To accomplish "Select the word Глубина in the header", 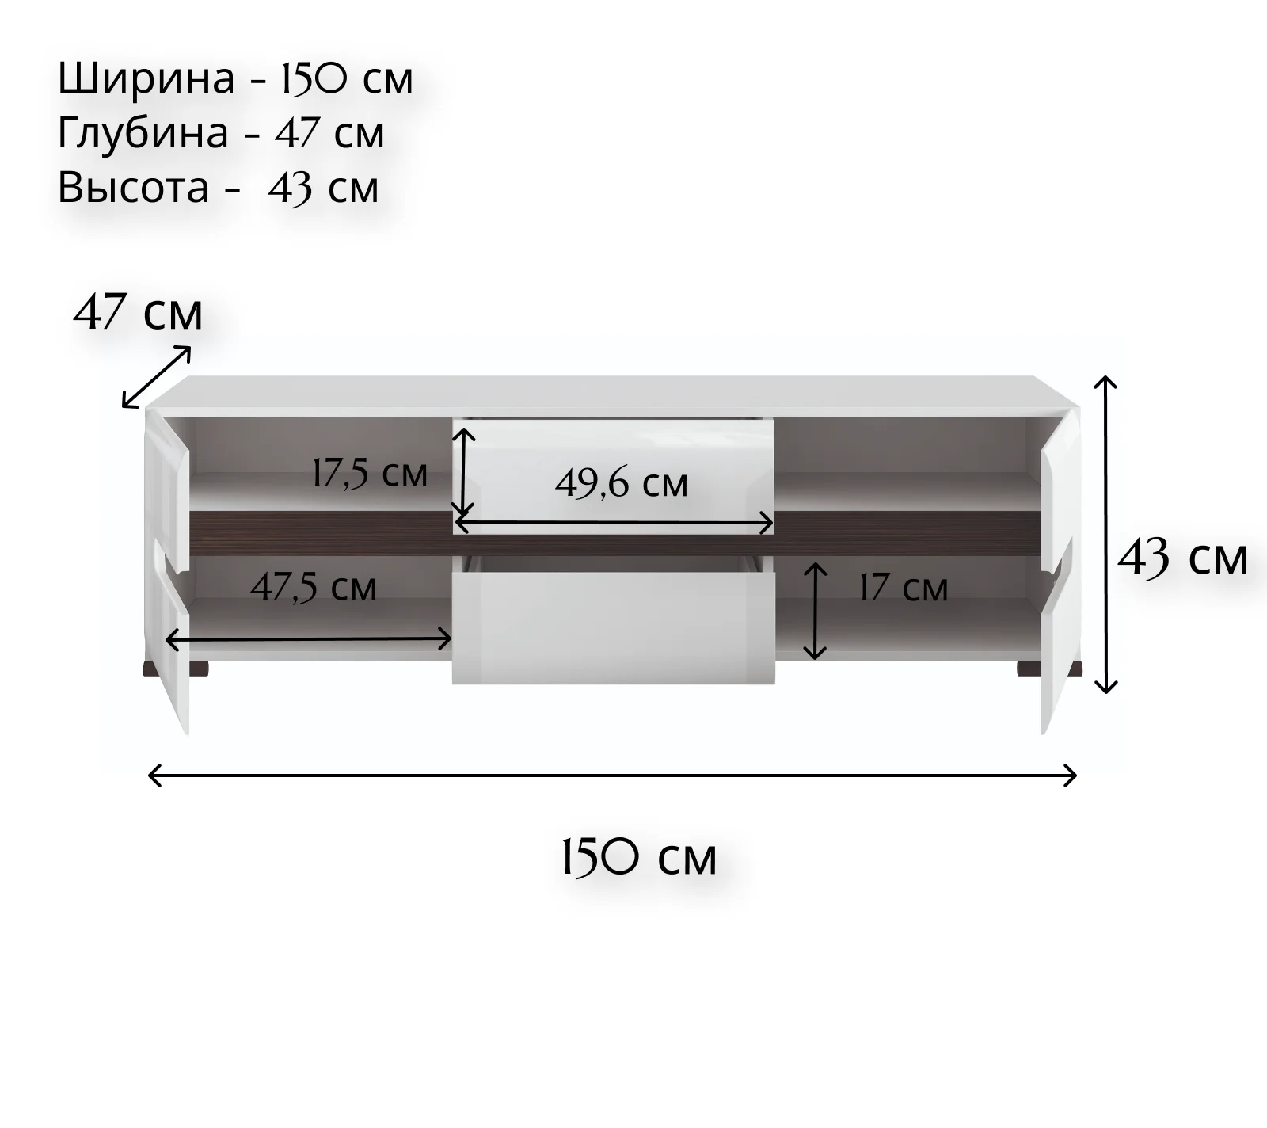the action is (x=143, y=132).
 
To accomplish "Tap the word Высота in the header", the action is (x=134, y=187).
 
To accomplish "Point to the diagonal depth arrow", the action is (x=157, y=377).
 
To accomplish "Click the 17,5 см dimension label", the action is (x=370, y=474).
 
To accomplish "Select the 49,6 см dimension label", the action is (x=622, y=482).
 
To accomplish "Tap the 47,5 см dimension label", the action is (x=314, y=587).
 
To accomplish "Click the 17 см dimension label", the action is (x=904, y=588).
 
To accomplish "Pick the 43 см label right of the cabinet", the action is (x=1183, y=558).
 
